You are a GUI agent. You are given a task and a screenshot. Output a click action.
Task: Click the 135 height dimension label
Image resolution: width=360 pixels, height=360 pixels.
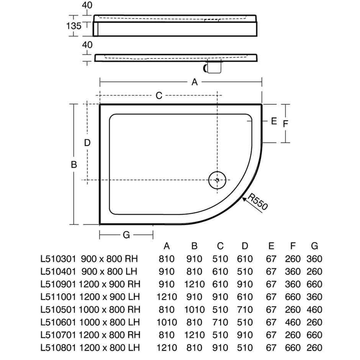click(74, 26)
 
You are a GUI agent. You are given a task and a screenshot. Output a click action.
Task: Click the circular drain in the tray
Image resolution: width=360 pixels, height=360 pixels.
click(217, 180)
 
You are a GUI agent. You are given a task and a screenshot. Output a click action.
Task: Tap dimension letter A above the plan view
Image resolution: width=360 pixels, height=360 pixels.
click(195, 82)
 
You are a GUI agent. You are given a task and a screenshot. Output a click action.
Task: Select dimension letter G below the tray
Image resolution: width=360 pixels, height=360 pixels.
click(126, 235)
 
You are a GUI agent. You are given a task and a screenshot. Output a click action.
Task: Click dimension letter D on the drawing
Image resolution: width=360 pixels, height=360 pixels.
click(87, 143)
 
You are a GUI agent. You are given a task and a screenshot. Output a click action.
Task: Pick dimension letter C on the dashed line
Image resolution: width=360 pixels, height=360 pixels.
click(159, 95)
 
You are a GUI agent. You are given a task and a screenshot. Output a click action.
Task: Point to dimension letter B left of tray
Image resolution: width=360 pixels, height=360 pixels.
click(74, 165)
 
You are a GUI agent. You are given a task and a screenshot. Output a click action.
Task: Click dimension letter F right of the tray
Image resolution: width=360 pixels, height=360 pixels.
click(285, 124)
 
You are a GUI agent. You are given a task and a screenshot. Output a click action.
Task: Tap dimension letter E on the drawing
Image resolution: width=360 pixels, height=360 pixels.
click(274, 121)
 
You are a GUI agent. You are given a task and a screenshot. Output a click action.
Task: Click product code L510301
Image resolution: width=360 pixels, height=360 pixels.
click(58, 259)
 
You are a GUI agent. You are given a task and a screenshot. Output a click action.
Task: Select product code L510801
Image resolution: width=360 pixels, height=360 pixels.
click(58, 348)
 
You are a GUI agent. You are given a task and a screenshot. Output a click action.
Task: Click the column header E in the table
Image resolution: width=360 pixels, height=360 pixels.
click(271, 246)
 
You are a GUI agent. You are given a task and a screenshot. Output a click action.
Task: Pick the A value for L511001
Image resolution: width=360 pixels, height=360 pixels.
click(167, 297)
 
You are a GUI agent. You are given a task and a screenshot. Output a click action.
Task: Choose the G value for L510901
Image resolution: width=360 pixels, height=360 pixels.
click(314, 284)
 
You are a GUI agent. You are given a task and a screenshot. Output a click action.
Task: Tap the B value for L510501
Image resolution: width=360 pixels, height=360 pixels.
click(195, 309)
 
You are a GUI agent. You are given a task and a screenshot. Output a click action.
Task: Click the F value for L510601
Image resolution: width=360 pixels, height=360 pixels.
click(293, 322)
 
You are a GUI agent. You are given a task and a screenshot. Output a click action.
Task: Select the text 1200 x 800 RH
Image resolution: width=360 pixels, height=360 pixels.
click(110, 335)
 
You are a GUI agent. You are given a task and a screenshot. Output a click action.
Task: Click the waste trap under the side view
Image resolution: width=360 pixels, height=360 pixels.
click(213, 67)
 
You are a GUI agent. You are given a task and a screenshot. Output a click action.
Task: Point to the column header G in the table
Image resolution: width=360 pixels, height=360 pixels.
click(314, 246)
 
